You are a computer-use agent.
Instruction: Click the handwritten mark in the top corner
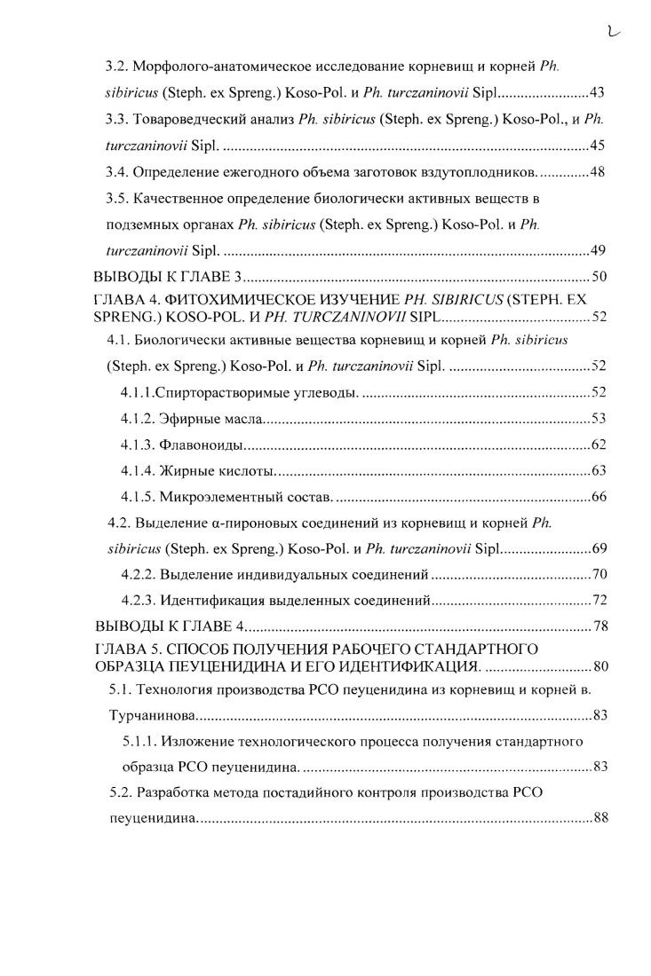click(613, 33)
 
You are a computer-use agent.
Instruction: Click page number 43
click(597, 92)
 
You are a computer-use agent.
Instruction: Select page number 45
click(597, 145)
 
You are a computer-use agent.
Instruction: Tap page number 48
click(597, 171)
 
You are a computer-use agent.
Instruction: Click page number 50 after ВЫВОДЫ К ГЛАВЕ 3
click(599, 277)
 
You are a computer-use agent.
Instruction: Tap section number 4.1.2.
click(139, 418)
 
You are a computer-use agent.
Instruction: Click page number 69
click(598, 549)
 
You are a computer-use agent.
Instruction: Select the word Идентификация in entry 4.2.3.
click(205, 602)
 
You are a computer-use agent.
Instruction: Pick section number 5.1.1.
click(139, 741)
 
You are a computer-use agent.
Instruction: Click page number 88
click(599, 818)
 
